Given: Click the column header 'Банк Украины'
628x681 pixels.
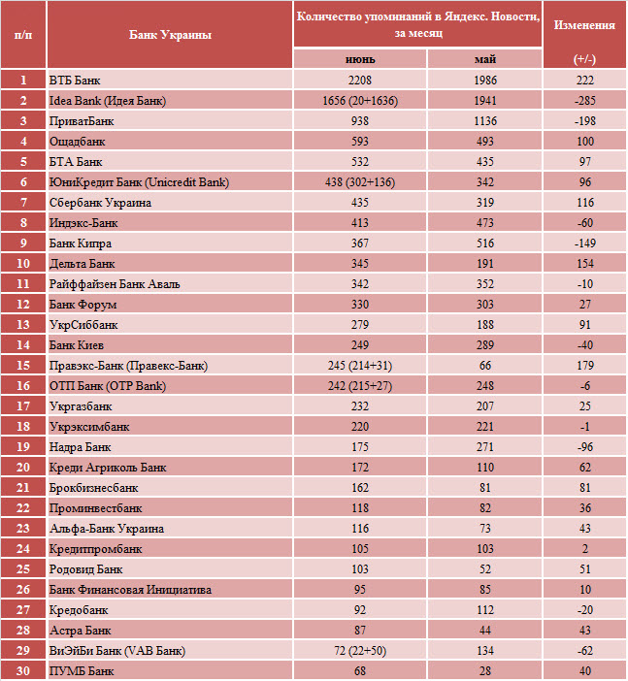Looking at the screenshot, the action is (x=170, y=35).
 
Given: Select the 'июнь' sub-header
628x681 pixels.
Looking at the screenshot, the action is (x=360, y=59).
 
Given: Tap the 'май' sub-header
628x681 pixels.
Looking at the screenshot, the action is (x=485, y=59).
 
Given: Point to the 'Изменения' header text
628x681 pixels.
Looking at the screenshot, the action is (x=584, y=25).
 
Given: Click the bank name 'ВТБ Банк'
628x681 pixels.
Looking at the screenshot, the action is (x=75, y=81).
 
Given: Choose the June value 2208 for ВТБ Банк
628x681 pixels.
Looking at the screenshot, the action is (x=360, y=81).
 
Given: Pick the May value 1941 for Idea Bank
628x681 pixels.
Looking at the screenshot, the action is (x=485, y=101).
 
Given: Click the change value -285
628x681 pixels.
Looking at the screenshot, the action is (x=584, y=101).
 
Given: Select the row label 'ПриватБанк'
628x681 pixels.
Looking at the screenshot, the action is (x=82, y=121).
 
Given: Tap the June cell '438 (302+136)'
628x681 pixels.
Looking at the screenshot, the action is (x=360, y=182).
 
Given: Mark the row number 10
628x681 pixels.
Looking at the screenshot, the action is (x=23, y=264).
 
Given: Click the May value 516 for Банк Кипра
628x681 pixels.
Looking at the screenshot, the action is (x=485, y=243).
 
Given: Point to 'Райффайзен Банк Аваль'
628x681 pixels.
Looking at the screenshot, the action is (x=115, y=284).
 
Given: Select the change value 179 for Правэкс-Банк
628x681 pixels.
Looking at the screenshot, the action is (x=585, y=366).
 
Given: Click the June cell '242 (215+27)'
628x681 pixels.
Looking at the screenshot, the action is (x=360, y=386).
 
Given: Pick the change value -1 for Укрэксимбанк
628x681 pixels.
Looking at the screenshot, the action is (x=585, y=427).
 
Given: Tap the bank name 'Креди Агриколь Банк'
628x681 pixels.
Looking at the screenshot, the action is (x=108, y=468).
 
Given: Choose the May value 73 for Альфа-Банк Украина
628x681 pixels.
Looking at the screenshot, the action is (x=485, y=529).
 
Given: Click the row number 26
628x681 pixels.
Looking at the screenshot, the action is (x=23, y=590).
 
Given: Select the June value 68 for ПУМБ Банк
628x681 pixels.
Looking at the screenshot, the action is (x=360, y=671).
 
